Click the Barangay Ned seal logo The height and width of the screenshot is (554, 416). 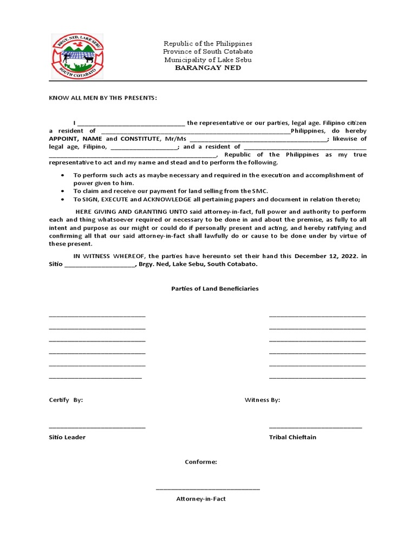(x=77, y=57)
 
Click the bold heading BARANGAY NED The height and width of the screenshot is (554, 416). (x=208, y=68)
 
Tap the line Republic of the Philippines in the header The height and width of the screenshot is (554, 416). (x=208, y=43)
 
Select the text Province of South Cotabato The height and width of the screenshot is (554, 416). (x=208, y=51)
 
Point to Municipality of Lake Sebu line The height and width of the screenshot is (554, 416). (x=208, y=60)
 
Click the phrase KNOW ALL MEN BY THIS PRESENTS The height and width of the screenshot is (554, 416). (x=103, y=98)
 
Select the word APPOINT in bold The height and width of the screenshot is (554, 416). (x=64, y=138)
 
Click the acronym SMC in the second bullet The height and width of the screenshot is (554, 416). (x=260, y=191)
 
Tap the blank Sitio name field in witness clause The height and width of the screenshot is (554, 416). (x=100, y=265)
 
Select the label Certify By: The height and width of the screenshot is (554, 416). (x=66, y=400)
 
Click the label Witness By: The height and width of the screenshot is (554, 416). (x=262, y=400)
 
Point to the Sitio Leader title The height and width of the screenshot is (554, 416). (x=67, y=437)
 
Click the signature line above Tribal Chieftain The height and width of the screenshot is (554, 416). (x=315, y=427)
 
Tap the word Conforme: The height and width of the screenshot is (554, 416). (x=201, y=462)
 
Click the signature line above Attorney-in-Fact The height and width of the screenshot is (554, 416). (x=208, y=489)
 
